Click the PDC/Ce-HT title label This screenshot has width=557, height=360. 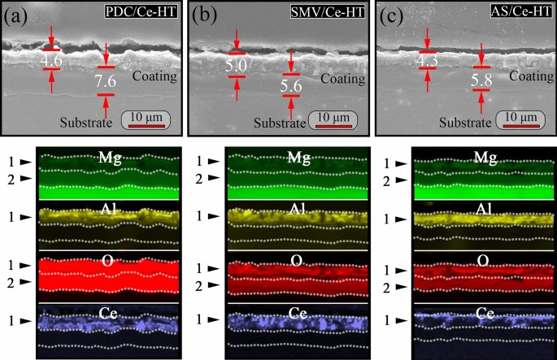[x=141, y=13]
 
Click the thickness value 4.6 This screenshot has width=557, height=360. [x=53, y=59]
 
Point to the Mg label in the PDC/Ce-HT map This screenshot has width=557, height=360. [x=107, y=156]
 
